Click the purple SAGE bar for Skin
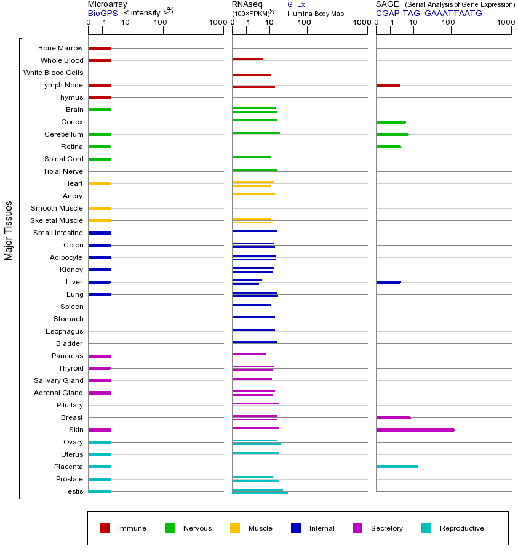(415, 430)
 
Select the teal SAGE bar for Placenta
(397, 467)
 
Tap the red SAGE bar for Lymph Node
(388, 85)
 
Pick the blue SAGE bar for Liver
(388, 282)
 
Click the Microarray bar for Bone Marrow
(99, 48)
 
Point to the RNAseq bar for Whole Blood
(247, 59)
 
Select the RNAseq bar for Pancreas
(249, 354)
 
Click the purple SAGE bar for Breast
(393, 417)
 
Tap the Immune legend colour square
(105, 528)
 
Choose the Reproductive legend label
(461, 528)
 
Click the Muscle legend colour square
(235, 528)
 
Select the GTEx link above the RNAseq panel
(296, 4)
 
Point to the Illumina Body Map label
(316, 14)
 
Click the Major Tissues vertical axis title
(9, 230)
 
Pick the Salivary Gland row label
(58, 380)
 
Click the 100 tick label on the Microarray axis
(160, 23)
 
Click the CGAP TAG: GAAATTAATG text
(429, 13)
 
